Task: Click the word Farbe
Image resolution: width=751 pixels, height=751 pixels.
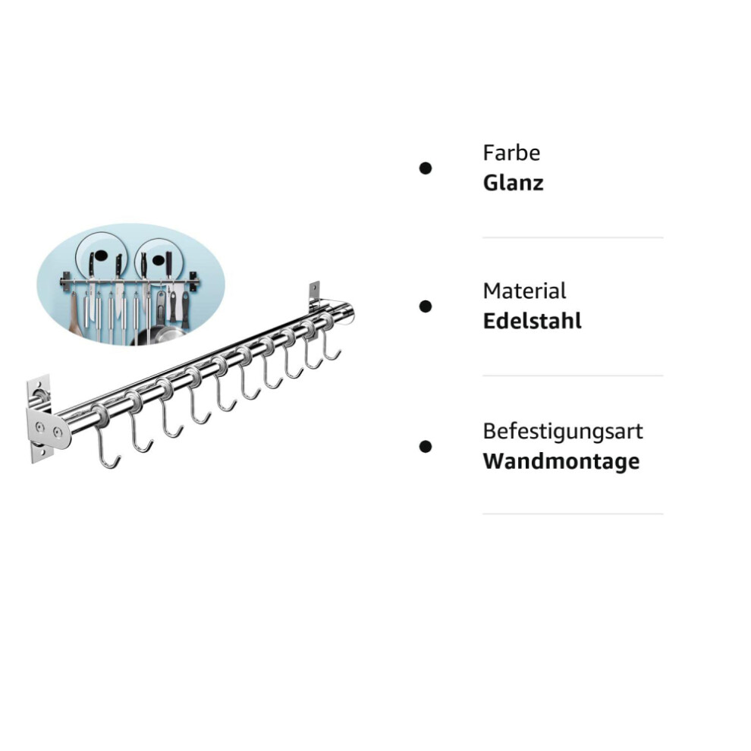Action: (x=511, y=152)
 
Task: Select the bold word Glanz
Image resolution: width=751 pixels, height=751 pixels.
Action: (x=513, y=183)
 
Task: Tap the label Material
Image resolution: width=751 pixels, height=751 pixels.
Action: (x=524, y=291)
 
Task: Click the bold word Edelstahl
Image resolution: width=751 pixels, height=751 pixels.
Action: (x=532, y=321)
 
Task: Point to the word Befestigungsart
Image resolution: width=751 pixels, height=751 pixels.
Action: (x=563, y=432)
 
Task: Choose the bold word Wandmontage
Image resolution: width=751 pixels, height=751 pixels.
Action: (x=561, y=461)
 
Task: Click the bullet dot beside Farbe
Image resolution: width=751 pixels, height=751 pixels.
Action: (x=426, y=168)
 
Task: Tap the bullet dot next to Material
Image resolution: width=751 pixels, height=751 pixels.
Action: (x=426, y=306)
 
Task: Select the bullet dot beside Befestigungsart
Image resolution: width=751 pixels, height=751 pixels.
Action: (x=426, y=446)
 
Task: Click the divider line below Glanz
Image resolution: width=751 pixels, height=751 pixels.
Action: (x=573, y=237)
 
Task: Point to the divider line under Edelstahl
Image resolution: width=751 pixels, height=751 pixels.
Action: (x=573, y=375)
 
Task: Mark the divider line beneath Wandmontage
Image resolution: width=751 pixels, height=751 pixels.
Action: (x=573, y=514)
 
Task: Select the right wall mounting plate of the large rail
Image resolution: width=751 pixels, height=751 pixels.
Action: (x=314, y=294)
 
